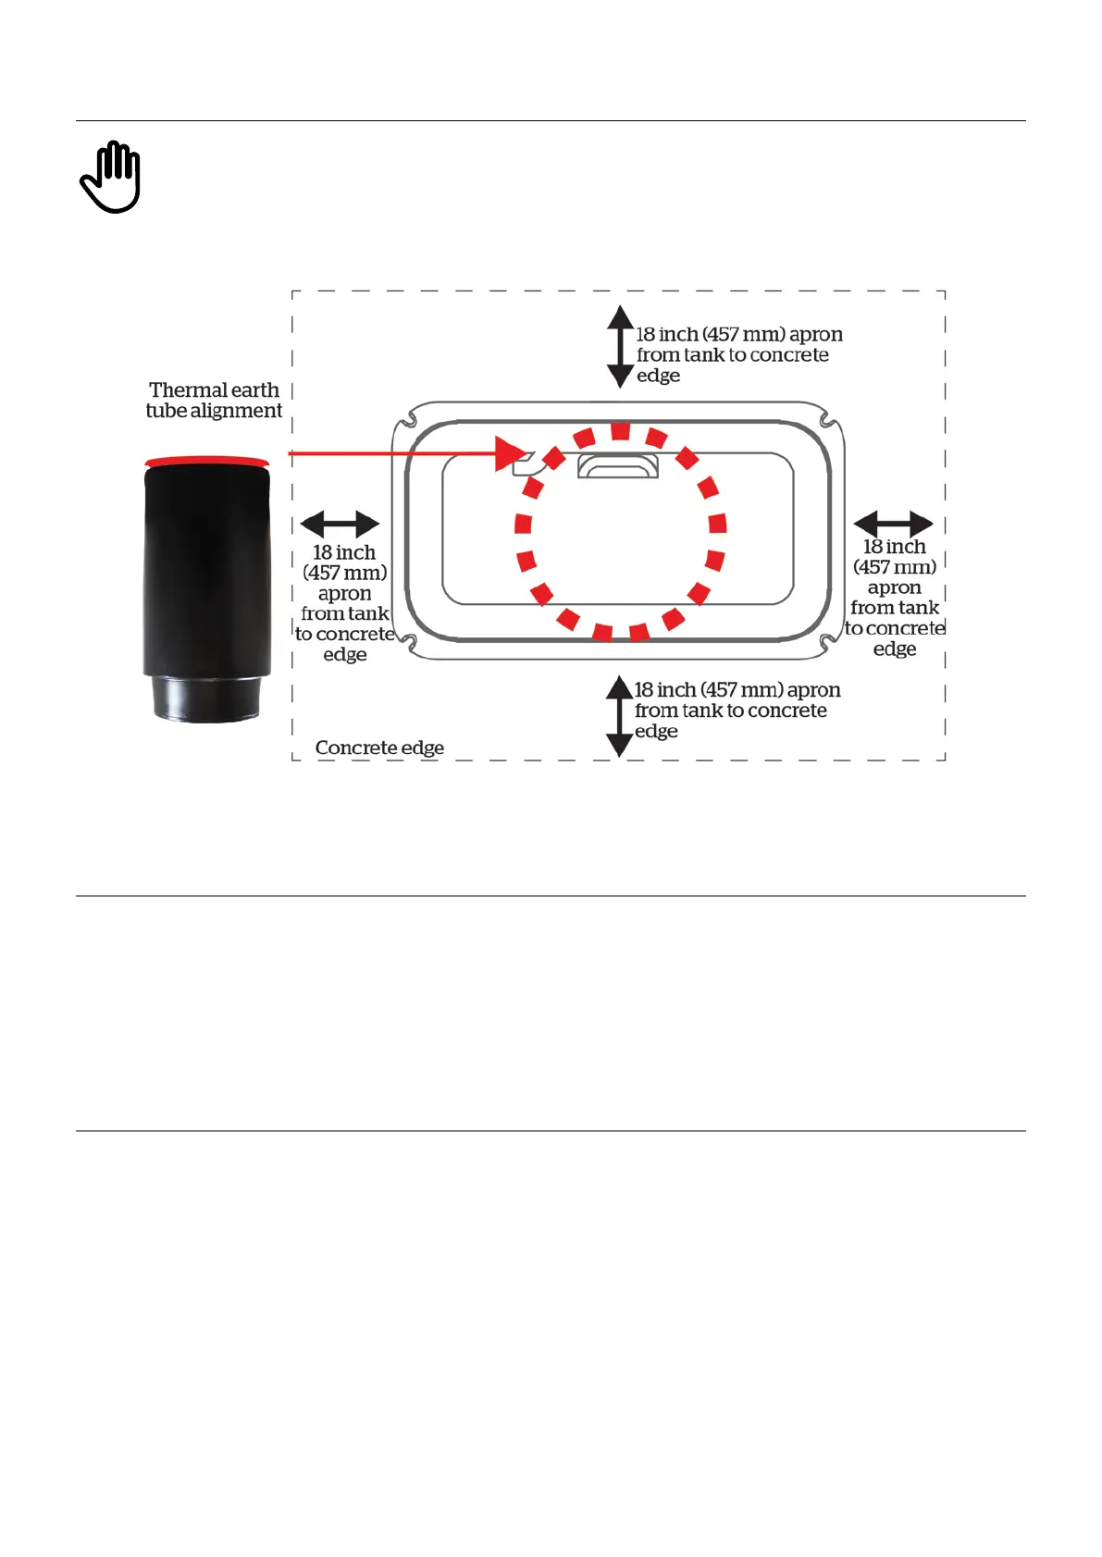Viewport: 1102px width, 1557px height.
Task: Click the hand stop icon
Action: pyautogui.click(x=110, y=177)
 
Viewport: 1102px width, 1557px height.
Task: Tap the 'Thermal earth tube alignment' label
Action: pyautogui.click(x=214, y=401)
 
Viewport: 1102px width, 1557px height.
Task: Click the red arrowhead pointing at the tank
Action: pyautogui.click(x=510, y=453)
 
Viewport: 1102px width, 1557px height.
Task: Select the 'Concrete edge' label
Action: pyautogui.click(x=379, y=748)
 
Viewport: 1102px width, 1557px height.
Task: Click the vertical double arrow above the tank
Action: pyautogui.click(x=620, y=347)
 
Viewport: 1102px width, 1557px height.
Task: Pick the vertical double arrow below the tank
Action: pyautogui.click(x=619, y=716)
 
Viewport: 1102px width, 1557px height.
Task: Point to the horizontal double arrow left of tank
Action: pyautogui.click(x=340, y=524)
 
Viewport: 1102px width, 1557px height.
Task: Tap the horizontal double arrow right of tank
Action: pyautogui.click(x=893, y=524)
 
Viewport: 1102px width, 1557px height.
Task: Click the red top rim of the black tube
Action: pyautogui.click(x=207, y=461)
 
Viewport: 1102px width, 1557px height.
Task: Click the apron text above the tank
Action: pyautogui.click(x=738, y=355)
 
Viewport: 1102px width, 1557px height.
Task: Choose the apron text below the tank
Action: pyautogui.click(x=737, y=711)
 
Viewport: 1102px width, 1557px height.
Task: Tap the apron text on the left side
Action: pyautogui.click(x=344, y=603)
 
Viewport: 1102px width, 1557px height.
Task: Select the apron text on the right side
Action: pyautogui.click(x=895, y=598)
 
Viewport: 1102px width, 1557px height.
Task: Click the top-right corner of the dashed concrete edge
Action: pyautogui.click(x=945, y=291)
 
